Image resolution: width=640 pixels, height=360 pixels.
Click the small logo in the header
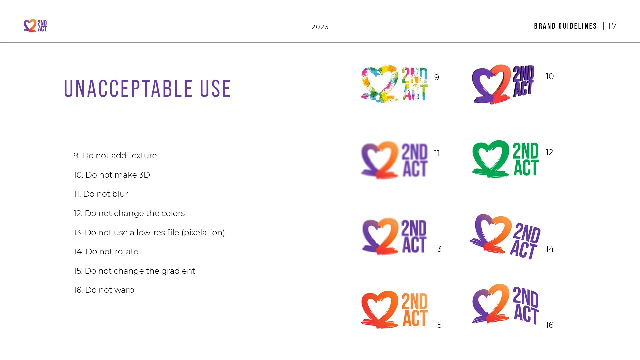(x=35, y=26)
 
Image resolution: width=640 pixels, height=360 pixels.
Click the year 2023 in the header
(x=320, y=27)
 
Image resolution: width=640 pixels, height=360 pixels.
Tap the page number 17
(x=612, y=26)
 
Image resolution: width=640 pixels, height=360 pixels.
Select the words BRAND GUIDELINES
(x=565, y=26)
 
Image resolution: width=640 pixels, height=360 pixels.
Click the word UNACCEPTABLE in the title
(x=128, y=89)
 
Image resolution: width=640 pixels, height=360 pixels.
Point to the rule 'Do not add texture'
(x=115, y=156)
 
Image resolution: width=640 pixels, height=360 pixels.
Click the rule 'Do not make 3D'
(x=112, y=175)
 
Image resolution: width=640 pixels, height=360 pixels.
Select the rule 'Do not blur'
(x=101, y=194)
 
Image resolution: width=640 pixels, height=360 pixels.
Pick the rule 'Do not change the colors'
(x=129, y=213)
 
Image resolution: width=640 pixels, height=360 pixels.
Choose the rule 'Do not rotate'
(x=106, y=252)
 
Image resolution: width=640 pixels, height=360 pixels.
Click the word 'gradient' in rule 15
(x=178, y=271)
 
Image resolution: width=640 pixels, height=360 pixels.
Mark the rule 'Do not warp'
(x=104, y=290)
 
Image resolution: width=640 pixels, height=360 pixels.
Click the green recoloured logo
(x=505, y=159)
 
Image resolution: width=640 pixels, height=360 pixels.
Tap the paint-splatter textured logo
(x=394, y=84)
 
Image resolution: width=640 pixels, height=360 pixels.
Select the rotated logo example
(x=505, y=237)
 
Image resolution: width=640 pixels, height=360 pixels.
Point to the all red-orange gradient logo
(x=394, y=309)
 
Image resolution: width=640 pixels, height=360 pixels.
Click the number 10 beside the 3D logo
(x=550, y=76)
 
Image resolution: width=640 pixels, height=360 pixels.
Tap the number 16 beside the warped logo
(x=549, y=325)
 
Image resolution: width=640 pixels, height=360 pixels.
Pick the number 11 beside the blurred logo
(x=437, y=153)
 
